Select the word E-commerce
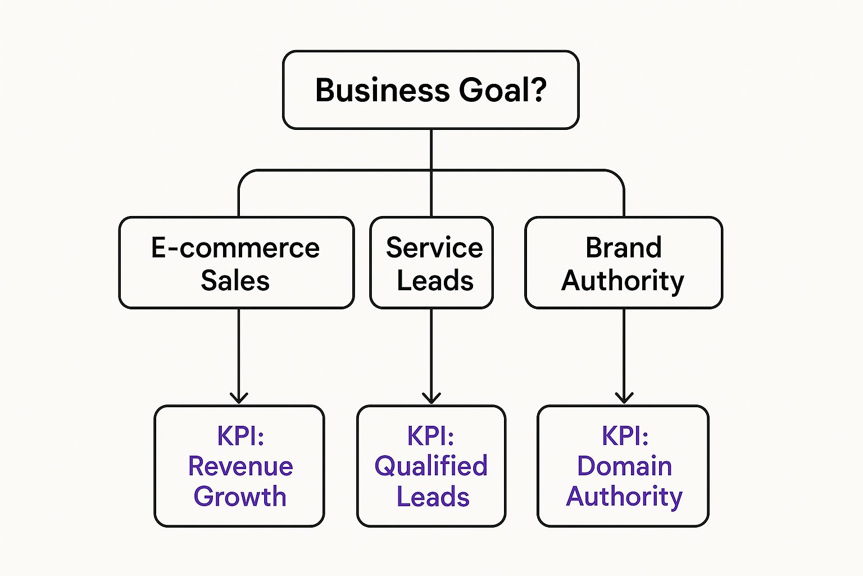point(235,247)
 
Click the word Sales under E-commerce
point(235,280)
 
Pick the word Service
point(434,247)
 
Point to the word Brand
point(624,247)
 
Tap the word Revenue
point(240,466)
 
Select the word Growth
point(240,497)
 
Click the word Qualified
point(431,466)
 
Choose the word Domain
point(624,466)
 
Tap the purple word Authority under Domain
point(624,497)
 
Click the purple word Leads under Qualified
point(433,497)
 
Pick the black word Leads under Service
point(435,280)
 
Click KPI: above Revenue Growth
point(240,436)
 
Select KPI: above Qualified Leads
point(430,436)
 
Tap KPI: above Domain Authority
point(625,436)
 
